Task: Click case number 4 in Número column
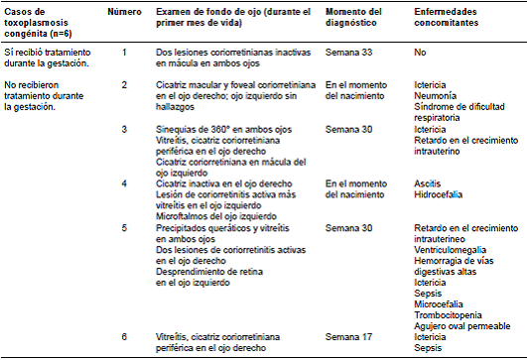[124, 183]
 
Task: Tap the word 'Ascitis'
[429, 183]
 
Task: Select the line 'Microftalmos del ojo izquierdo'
[213, 213]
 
